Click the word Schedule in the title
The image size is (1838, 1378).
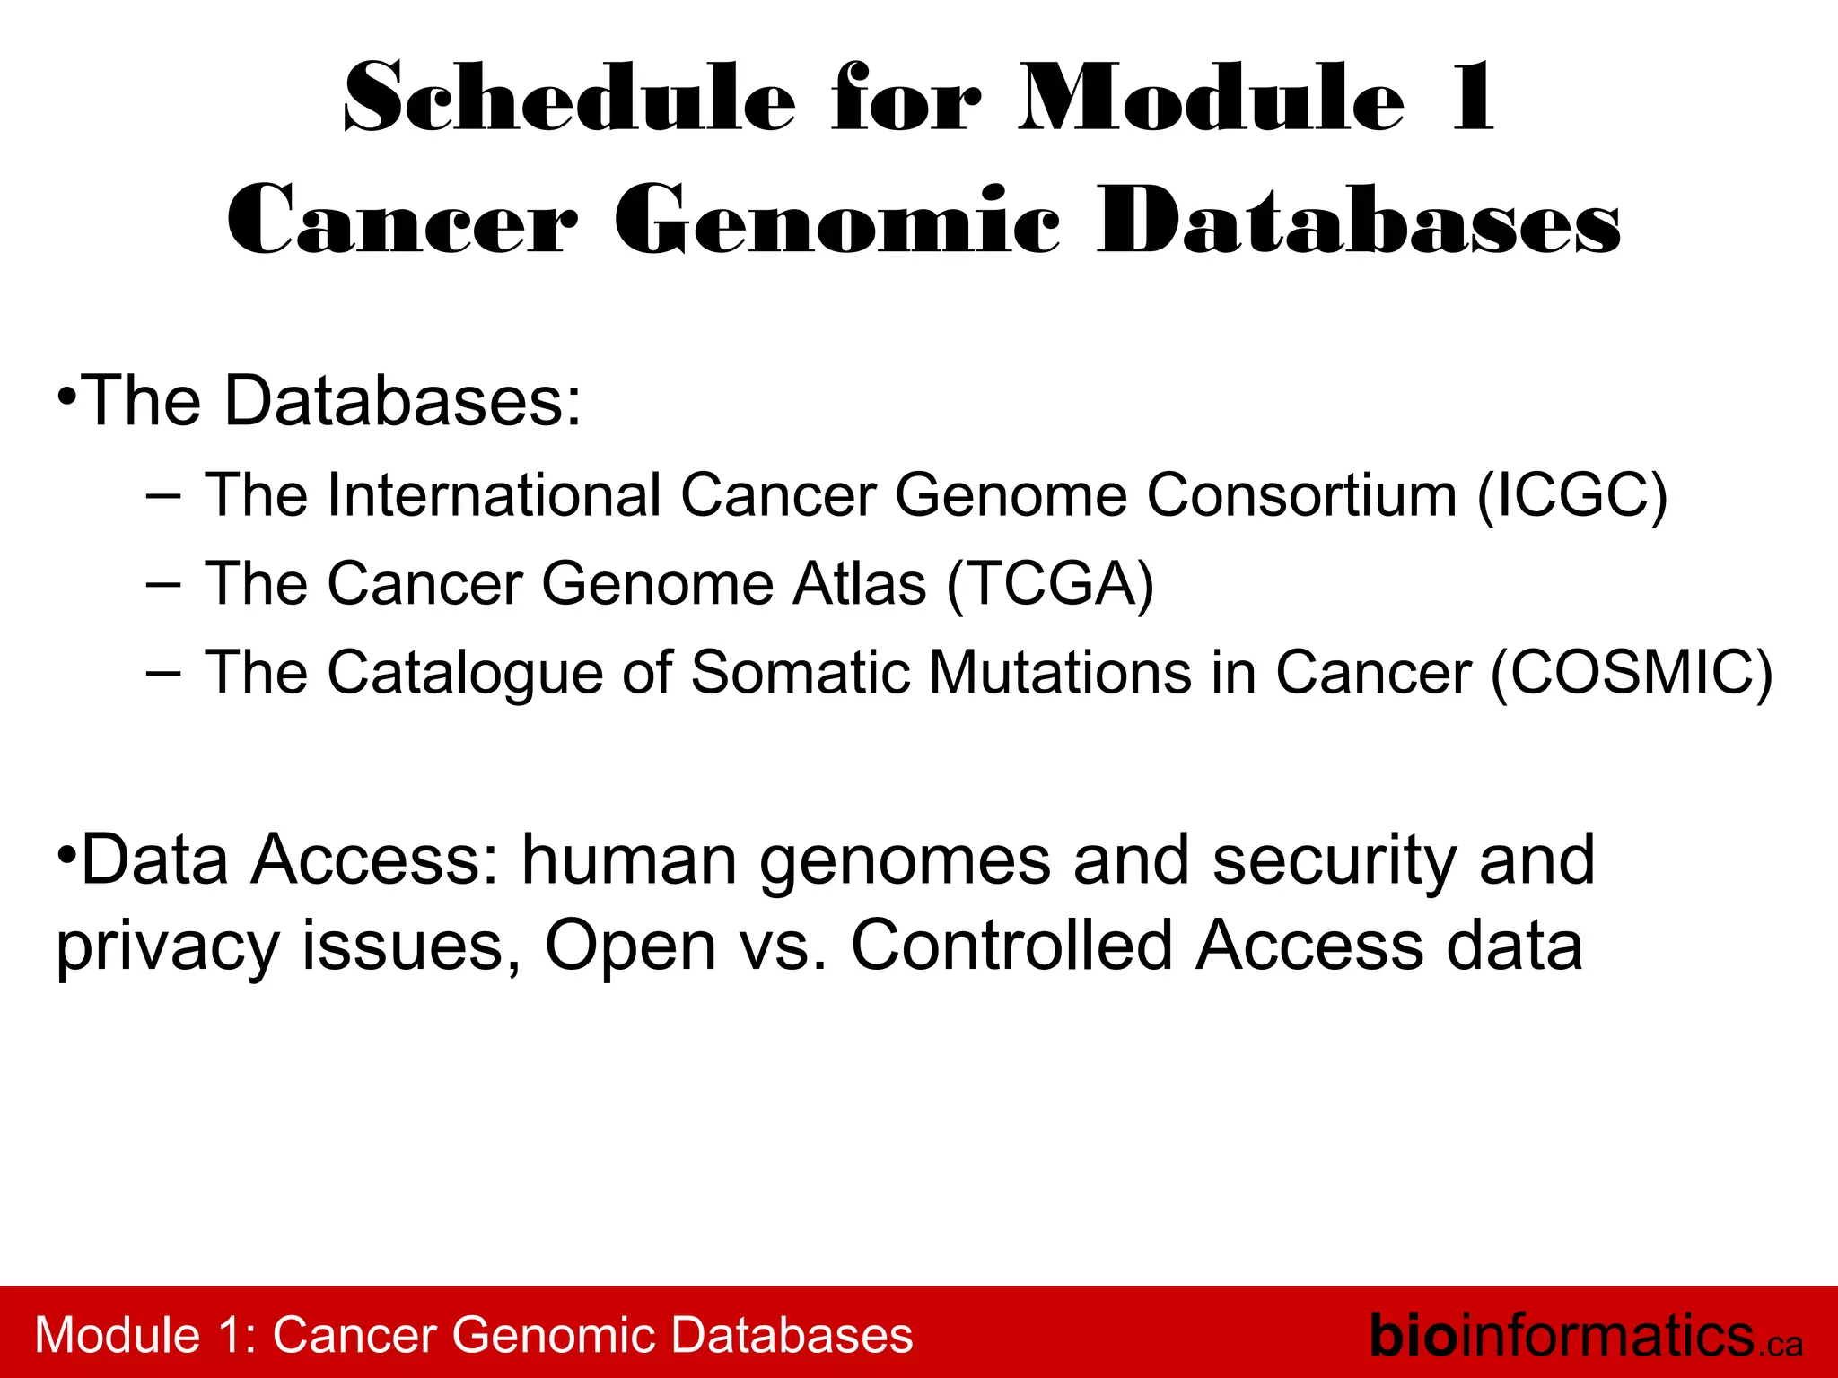(x=569, y=99)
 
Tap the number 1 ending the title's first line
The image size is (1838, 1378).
(x=1472, y=99)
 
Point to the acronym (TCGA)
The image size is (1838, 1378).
(x=1050, y=584)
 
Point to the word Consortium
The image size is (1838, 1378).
(x=1301, y=495)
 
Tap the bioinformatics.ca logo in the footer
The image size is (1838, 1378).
(x=1585, y=1336)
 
